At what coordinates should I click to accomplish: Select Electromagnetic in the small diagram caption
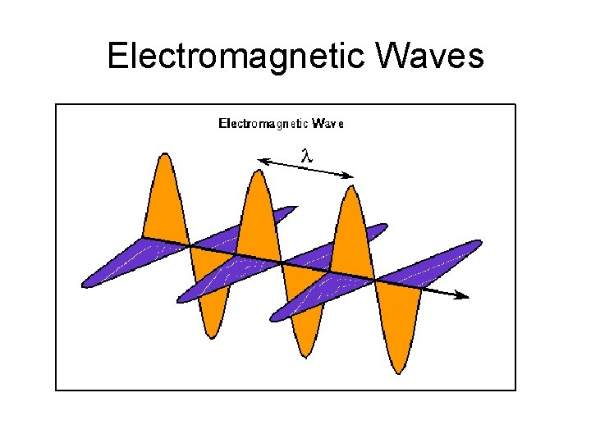pos(263,124)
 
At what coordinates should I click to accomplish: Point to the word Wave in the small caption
pos(328,124)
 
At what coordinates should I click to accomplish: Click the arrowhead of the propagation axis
pos(465,295)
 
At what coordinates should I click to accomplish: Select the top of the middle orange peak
pos(259,171)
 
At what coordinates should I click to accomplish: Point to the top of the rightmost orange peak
pos(351,188)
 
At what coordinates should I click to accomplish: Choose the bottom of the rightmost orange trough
pos(400,373)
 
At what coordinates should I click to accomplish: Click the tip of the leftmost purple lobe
pos(85,285)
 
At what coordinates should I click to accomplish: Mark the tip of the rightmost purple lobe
pos(480,243)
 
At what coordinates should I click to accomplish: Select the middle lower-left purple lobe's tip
pos(180,300)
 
